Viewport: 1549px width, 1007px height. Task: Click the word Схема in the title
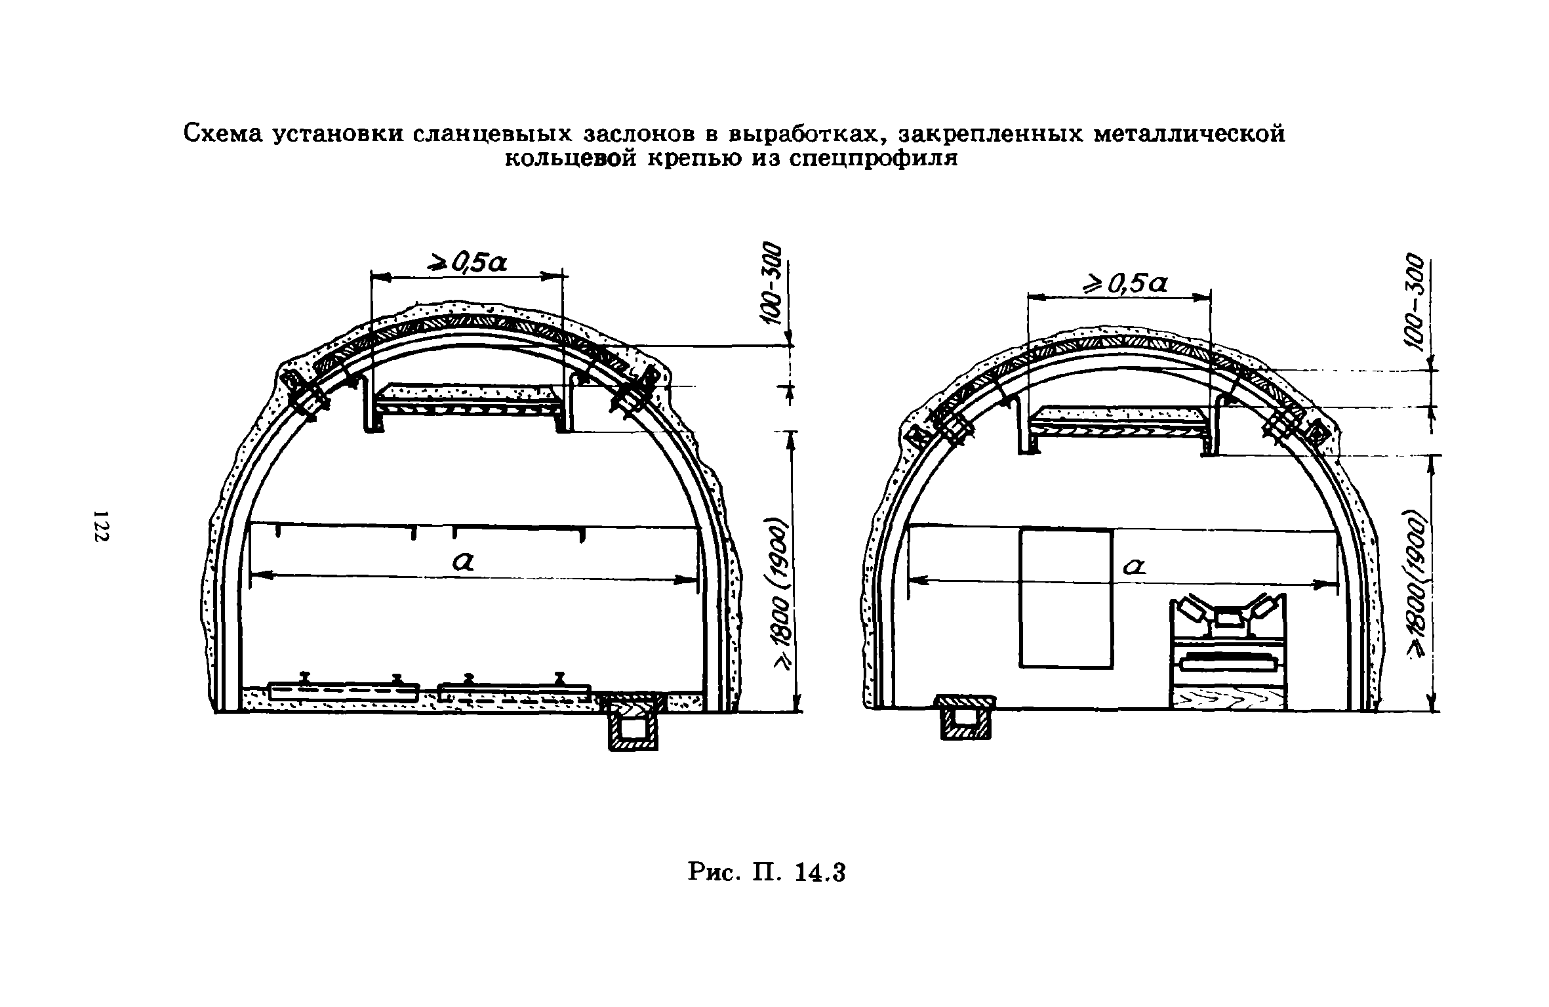tap(222, 133)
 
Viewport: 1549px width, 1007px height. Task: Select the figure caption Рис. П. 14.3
tap(767, 873)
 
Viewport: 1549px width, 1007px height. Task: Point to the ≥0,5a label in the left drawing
tap(468, 263)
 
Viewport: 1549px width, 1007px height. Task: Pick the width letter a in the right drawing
tap(1133, 565)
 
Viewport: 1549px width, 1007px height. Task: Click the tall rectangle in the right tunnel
tap(1066, 598)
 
